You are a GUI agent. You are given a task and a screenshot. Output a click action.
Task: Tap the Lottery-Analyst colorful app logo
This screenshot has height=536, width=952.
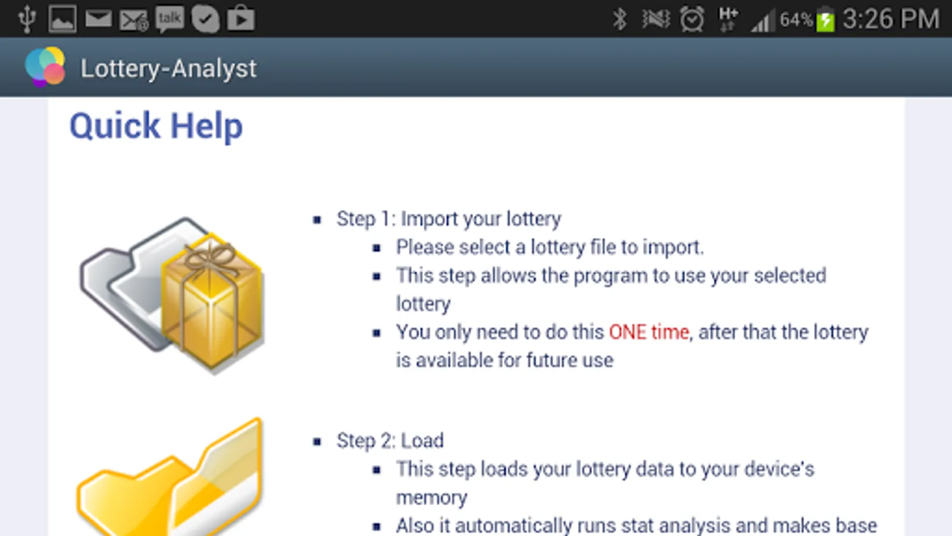click(45, 67)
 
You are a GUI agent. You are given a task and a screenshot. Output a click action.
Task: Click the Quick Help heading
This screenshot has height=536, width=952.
click(156, 126)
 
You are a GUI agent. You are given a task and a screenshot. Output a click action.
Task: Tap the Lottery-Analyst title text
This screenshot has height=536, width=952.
click(168, 68)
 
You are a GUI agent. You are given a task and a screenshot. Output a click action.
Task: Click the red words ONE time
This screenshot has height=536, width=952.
click(649, 332)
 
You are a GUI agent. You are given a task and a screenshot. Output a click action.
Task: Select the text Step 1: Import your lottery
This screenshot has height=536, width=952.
click(449, 219)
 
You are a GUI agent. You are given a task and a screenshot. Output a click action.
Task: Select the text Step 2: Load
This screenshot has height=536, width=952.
click(390, 441)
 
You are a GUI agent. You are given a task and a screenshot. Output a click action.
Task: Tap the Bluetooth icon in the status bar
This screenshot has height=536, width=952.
click(619, 19)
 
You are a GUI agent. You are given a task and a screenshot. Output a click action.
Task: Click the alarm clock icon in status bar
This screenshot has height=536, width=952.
click(691, 19)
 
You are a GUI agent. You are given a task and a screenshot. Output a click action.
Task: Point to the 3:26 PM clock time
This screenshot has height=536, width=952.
click(890, 19)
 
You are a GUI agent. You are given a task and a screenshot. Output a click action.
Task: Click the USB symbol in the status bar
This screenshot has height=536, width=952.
click(27, 19)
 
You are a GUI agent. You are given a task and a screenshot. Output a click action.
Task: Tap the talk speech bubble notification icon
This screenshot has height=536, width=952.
click(169, 19)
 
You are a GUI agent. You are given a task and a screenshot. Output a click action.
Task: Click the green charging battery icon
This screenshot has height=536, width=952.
click(825, 20)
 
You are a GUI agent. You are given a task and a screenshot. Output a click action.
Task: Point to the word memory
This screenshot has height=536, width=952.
click(431, 497)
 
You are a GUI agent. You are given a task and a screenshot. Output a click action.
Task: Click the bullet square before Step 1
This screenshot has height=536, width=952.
click(317, 220)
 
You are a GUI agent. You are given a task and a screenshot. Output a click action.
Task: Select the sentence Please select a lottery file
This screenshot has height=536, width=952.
click(550, 247)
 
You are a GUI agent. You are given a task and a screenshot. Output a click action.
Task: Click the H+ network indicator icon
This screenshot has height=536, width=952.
click(728, 19)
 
